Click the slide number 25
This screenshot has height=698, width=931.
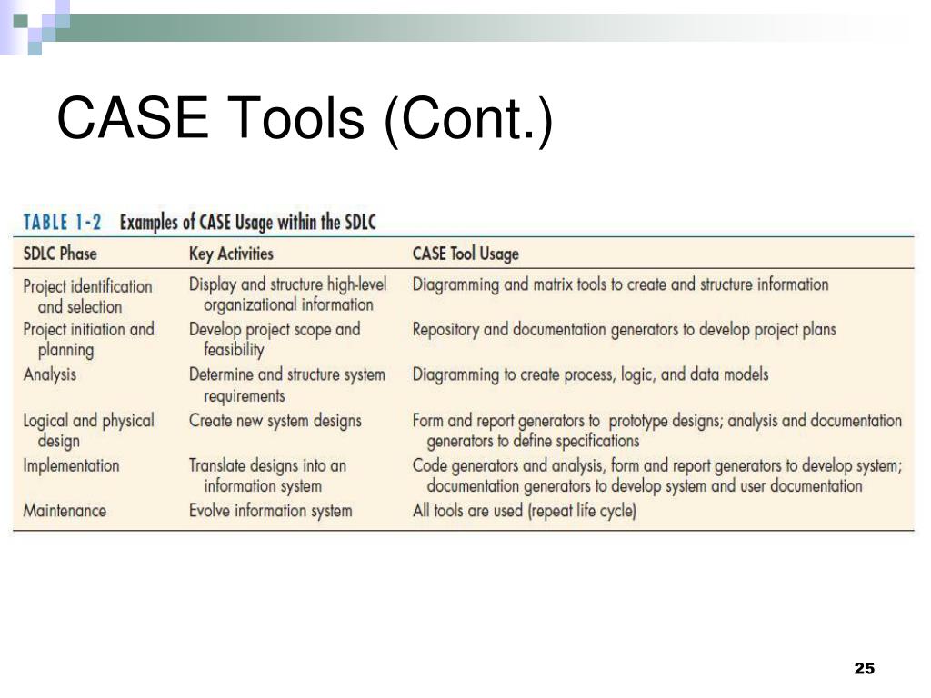pyautogui.click(x=863, y=669)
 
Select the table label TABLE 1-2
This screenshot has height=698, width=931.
pyautogui.click(x=62, y=223)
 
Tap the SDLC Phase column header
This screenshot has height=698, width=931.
pyautogui.click(x=60, y=254)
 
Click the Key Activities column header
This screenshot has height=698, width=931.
pyautogui.click(x=231, y=254)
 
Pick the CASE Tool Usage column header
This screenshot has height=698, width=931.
pyautogui.click(x=465, y=254)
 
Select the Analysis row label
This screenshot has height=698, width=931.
pyautogui.click(x=50, y=374)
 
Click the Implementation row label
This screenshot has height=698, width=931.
pyautogui.click(x=71, y=465)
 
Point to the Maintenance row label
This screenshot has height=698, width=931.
pyautogui.click(x=65, y=511)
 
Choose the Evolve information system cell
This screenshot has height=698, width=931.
pyautogui.click(x=270, y=511)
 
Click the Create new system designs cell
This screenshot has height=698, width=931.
pyautogui.click(x=275, y=421)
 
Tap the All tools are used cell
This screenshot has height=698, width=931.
pyautogui.click(x=525, y=511)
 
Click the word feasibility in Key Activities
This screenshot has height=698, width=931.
pyautogui.click(x=234, y=350)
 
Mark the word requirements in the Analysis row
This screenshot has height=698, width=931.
pyautogui.click(x=244, y=395)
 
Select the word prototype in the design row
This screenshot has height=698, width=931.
pyautogui.click(x=640, y=421)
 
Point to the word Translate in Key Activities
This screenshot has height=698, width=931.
pyautogui.click(x=218, y=465)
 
